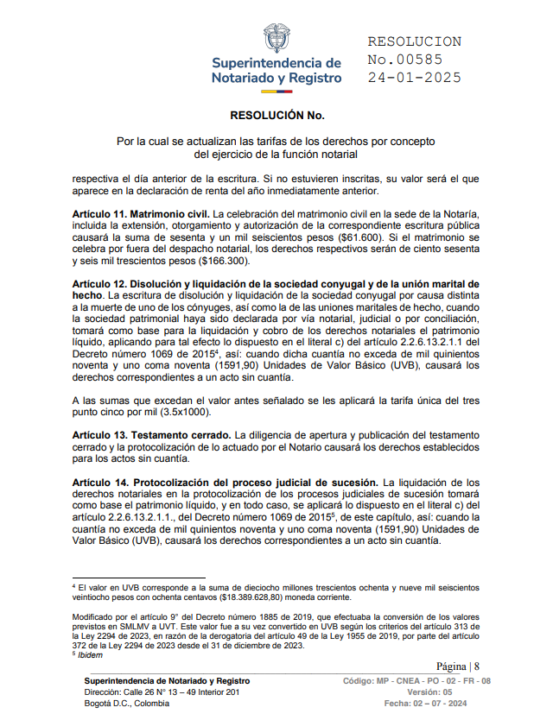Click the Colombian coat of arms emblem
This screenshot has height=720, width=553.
tap(276, 38)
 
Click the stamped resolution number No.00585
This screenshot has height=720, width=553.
tap(405, 60)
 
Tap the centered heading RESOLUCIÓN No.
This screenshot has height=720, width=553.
tap(276, 115)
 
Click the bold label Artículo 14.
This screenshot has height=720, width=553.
tap(102, 482)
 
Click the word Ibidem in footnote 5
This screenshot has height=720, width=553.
tap(91, 654)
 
